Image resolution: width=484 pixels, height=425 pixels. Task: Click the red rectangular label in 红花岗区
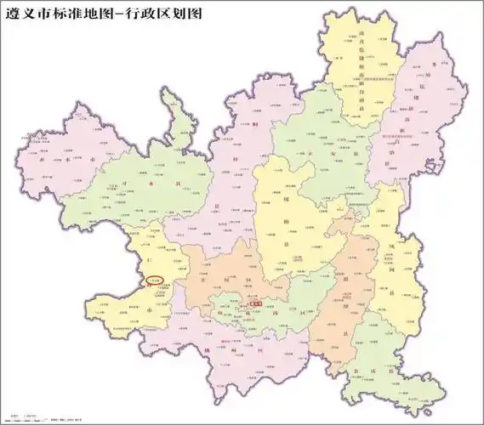(x=254, y=301)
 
